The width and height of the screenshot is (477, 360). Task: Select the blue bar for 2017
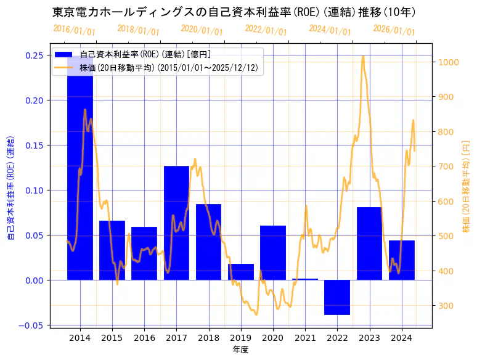(x=176, y=223)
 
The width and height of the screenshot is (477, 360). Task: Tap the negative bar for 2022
(x=337, y=297)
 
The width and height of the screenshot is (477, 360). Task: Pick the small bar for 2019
(x=241, y=272)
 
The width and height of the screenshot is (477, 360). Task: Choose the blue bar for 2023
(x=369, y=243)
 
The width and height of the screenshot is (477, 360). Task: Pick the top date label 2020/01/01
(x=202, y=30)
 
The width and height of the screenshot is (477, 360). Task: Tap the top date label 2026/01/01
(x=394, y=30)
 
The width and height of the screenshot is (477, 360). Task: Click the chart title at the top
(x=234, y=12)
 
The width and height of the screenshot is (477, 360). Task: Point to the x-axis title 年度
(x=240, y=350)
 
